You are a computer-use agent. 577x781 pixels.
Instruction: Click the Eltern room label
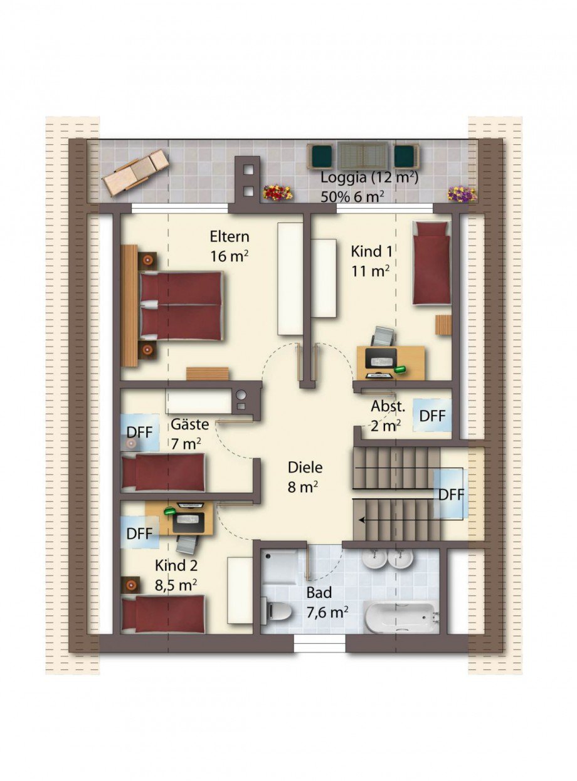230,236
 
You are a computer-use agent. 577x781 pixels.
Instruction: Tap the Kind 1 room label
371,251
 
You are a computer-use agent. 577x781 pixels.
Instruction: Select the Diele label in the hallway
305,467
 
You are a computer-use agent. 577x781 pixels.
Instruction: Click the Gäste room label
189,424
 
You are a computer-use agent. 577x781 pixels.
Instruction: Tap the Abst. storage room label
388,407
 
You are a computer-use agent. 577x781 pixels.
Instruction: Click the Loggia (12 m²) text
369,177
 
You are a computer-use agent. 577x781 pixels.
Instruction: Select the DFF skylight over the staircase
450,494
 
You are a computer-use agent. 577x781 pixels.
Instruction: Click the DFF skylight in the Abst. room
432,416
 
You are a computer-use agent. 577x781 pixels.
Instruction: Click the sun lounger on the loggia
135,172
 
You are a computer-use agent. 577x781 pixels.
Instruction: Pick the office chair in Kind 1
382,336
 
